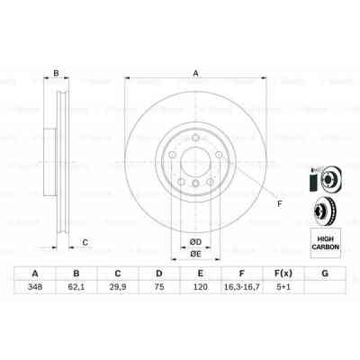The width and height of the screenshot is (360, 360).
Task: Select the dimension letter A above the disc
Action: [194, 74]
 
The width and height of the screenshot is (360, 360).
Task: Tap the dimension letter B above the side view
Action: [56, 74]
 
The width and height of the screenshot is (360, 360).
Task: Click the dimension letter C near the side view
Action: [85, 242]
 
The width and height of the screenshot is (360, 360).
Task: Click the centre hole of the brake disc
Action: [193, 167]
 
